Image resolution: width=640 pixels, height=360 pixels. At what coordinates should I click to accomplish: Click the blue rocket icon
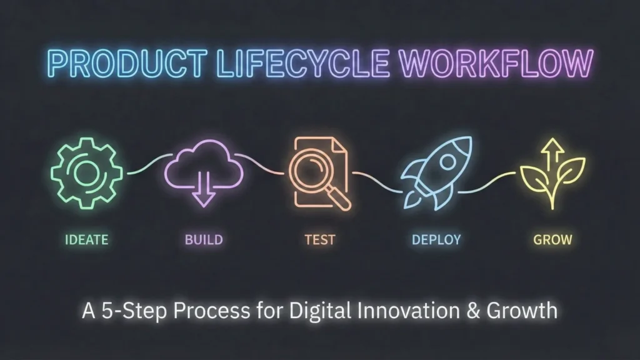pos(434,170)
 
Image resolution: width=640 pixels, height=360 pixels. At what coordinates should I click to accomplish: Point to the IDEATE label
pos(86,239)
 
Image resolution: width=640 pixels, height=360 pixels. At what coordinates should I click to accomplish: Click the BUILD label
pos(204,239)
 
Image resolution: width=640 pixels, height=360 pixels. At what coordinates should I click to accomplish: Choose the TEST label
pos(319,239)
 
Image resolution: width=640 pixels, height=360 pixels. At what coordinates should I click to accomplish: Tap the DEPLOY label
pos(436,239)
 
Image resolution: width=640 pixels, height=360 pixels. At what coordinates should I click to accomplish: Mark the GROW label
pos(553,239)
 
